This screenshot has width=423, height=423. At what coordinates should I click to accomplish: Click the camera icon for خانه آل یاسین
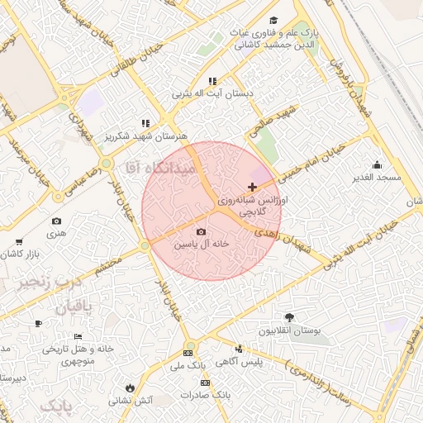[x=201, y=231]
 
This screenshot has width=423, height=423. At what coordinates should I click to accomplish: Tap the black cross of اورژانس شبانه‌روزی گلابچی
[x=252, y=188]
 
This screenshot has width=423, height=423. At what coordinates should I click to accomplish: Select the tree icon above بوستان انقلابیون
[x=288, y=317]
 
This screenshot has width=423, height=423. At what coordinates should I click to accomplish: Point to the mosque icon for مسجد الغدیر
[x=377, y=164]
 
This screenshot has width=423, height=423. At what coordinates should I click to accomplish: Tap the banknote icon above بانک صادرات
[x=205, y=383]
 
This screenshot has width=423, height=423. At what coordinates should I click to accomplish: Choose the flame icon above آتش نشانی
[x=130, y=387]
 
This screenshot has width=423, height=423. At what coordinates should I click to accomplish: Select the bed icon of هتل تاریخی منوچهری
[x=78, y=336]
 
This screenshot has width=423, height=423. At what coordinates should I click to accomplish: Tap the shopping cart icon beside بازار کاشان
[x=19, y=242]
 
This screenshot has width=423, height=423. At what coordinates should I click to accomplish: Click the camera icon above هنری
[x=56, y=221]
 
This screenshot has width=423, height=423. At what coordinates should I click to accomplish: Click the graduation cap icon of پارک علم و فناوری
[x=274, y=21]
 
